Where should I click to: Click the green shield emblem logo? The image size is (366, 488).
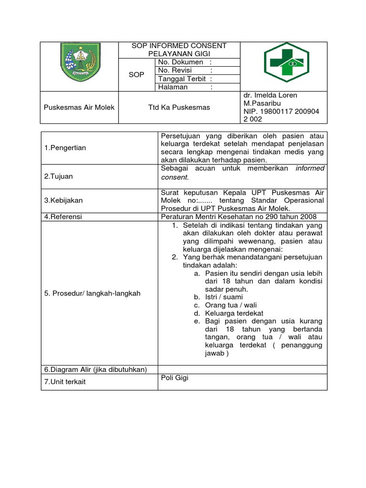tap(80, 62)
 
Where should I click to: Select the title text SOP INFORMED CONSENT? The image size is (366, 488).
tap(179, 46)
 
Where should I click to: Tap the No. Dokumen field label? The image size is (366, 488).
tap(181, 62)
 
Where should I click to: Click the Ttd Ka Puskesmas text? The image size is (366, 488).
tap(179, 107)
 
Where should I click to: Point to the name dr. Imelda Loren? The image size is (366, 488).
tap(270, 95)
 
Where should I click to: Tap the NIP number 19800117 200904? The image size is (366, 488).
tap(281, 111)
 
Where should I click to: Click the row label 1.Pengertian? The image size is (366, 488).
tap(65, 148)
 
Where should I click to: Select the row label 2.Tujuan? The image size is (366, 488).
tap(59, 176)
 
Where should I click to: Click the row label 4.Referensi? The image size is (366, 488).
tap(63, 217)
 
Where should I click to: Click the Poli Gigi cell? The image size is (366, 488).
tap(175, 378)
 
